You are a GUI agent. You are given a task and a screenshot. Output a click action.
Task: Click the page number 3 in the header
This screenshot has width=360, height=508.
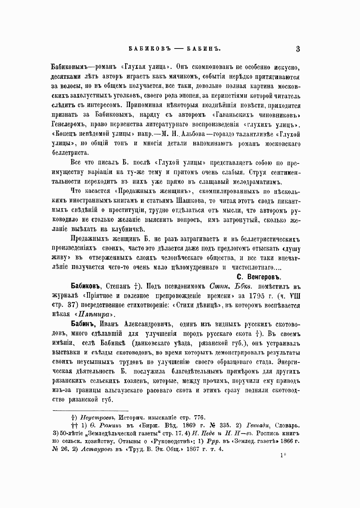tap(297, 49)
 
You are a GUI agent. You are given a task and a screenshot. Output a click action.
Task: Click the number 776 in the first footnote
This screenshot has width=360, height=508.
tap(199, 418)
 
